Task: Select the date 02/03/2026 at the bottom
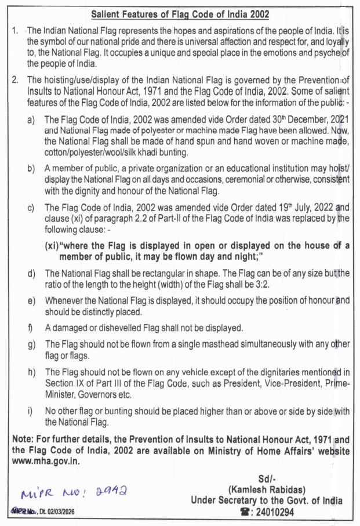coord(57,512)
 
